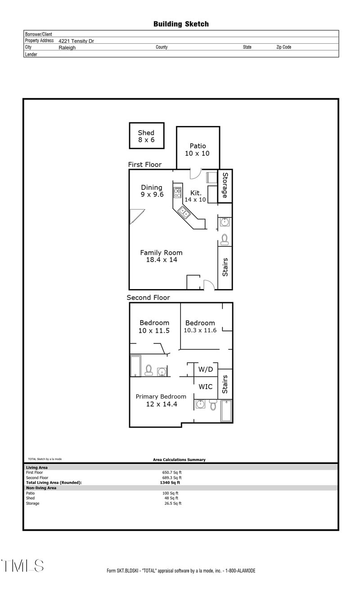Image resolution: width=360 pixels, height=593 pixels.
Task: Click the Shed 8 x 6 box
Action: [146, 136]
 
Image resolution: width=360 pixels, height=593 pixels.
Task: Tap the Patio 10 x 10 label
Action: [198, 149]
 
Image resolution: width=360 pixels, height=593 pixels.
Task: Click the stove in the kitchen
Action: [178, 193]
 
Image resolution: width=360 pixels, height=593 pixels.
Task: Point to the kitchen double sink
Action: [184, 213]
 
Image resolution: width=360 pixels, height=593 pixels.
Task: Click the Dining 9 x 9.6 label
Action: [152, 191]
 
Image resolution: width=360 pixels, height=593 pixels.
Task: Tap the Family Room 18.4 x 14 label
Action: [161, 256]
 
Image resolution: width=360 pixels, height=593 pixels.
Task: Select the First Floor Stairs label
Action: [225, 267]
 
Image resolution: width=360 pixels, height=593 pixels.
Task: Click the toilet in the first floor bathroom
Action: [225, 238]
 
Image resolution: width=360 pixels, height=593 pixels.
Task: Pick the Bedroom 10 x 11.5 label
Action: [154, 326]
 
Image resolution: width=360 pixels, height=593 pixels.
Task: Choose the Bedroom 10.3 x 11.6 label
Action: [200, 326]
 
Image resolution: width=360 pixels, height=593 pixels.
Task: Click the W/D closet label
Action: [206, 370]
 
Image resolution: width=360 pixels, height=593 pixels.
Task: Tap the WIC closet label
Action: [206, 387]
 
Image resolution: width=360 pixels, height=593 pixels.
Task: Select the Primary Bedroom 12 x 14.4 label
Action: [161, 400]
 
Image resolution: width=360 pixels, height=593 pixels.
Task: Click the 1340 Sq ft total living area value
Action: [167, 482]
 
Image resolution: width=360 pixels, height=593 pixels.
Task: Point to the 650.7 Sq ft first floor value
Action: [172, 472]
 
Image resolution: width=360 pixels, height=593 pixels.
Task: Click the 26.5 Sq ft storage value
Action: [173, 503]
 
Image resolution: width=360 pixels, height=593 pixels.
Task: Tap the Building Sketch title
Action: [181, 24]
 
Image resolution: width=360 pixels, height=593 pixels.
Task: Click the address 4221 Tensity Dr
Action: [76, 41]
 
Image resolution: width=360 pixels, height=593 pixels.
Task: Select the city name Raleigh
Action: [67, 47]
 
